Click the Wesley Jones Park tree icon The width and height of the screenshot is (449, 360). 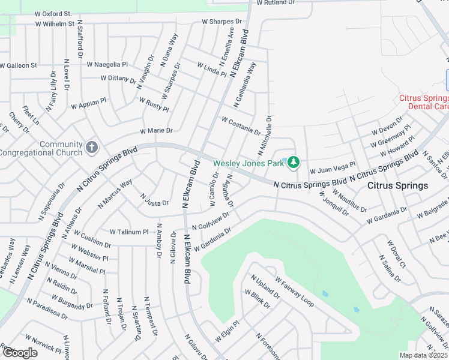click(x=294, y=163)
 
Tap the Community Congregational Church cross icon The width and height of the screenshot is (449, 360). click(x=92, y=147)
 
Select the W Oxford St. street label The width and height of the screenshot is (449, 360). click(x=53, y=13)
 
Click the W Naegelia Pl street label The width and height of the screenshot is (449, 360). click(x=107, y=64)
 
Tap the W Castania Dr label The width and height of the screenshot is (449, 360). click(x=241, y=126)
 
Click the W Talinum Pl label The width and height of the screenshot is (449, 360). click(x=128, y=232)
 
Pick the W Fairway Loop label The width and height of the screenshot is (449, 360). click(x=294, y=292)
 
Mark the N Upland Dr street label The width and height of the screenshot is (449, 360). click(x=265, y=287)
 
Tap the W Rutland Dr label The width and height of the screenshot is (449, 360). click(x=276, y=2)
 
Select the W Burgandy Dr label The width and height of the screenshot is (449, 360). click(x=72, y=302)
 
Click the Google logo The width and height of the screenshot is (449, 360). click(x=19, y=353)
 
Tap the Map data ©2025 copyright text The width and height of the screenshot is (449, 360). click(x=423, y=355)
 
